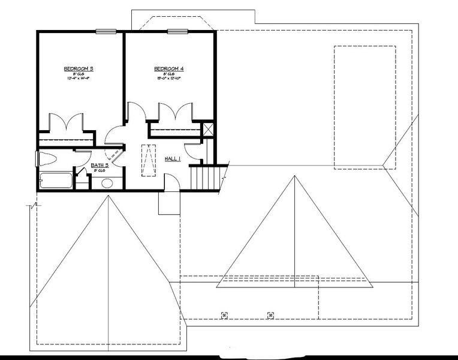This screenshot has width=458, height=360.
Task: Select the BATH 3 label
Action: [100, 165]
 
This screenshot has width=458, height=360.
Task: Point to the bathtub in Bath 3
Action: [55, 180]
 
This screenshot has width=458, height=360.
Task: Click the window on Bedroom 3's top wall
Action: [106, 31]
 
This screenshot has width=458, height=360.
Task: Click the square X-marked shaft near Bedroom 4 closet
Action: [209, 129]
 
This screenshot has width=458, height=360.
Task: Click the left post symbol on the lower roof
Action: [224, 314]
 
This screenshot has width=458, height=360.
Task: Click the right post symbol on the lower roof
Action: [270, 314]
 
